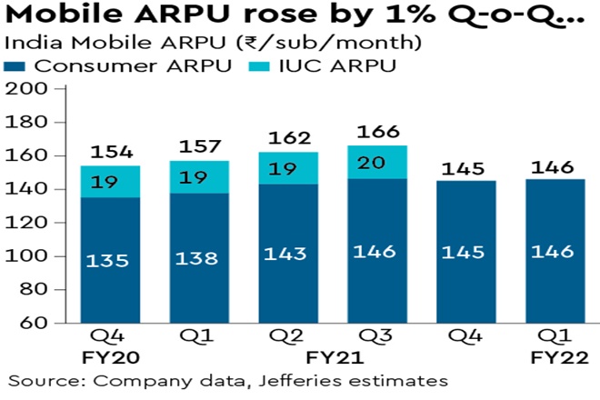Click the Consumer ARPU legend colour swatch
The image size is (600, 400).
click(16, 66)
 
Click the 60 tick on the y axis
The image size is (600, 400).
click(37, 323)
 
